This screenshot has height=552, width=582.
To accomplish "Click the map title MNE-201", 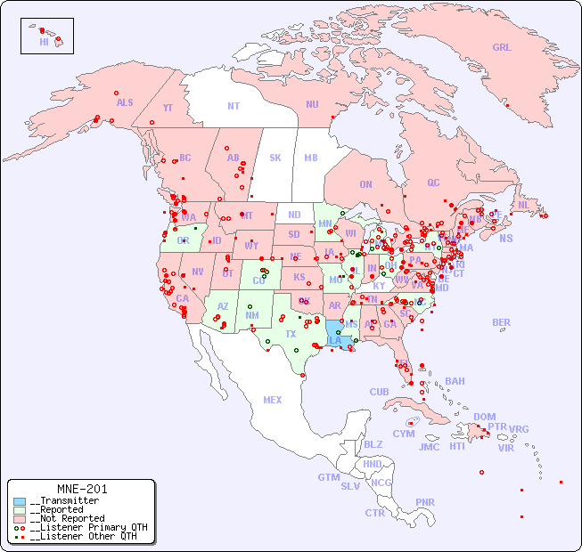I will click(81, 489).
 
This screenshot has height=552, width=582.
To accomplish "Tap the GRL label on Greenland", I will click(502, 48).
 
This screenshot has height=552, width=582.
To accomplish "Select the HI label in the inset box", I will click(44, 42).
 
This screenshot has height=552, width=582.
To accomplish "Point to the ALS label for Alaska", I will click(125, 102).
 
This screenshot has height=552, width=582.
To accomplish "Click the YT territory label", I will click(168, 108).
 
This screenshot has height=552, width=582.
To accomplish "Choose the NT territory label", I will click(233, 105).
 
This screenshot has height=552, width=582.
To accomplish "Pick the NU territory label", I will click(312, 104).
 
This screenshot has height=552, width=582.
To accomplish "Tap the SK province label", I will click(275, 158).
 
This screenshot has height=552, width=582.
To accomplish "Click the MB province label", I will click(311, 158).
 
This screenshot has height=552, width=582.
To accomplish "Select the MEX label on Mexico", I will click(273, 400).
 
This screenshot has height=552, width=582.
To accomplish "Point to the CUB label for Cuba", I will click(379, 392).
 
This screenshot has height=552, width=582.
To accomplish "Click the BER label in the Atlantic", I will click(501, 322).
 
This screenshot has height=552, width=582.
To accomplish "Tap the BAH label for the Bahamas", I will click(455, 381).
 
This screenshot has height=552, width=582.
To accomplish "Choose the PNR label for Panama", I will click(425, 502).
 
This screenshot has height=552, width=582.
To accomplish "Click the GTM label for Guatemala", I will click(328, 477).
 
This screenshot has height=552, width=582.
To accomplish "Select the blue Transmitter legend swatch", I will click(20, 501).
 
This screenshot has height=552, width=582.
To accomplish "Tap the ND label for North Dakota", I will click(294, 215).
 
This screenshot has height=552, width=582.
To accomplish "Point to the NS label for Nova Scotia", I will click(505, 238).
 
